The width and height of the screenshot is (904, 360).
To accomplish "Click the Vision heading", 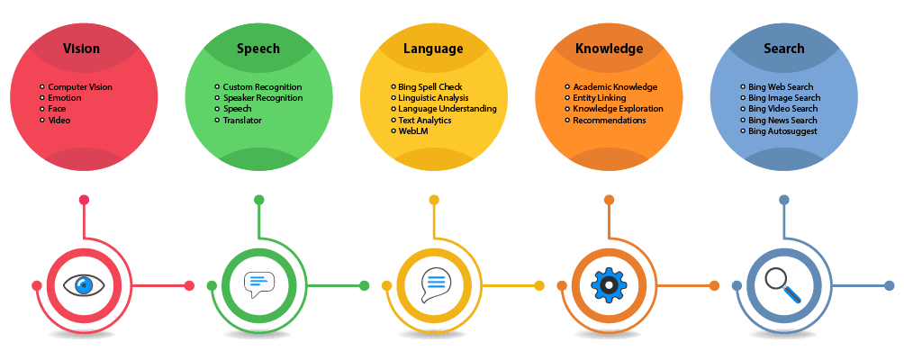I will tap(81, 49).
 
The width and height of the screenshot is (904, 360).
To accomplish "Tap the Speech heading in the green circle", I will tap(258, 49).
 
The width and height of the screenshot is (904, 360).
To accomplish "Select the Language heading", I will tap(433, 49).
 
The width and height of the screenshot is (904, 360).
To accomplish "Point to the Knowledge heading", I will tap(609, 49).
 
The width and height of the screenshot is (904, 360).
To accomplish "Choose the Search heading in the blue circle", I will tap(783, 49).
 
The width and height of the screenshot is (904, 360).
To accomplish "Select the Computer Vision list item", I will tap(80, 87).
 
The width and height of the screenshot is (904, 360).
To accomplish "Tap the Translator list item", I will tap(242, 120).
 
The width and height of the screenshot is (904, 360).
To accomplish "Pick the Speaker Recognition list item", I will tap(263, 98).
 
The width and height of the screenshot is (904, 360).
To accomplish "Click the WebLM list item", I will tap(412, 130).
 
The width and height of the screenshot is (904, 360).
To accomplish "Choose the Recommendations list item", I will tap(610, 120).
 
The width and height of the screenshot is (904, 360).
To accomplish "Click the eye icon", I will tap(84, 285).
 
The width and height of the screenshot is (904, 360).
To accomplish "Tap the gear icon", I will tap(609, 285).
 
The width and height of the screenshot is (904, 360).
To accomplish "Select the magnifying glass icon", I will tap(783, 285).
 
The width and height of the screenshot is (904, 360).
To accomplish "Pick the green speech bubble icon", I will tap(258, 285).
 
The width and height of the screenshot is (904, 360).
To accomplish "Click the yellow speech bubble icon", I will tap(434, 285).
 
